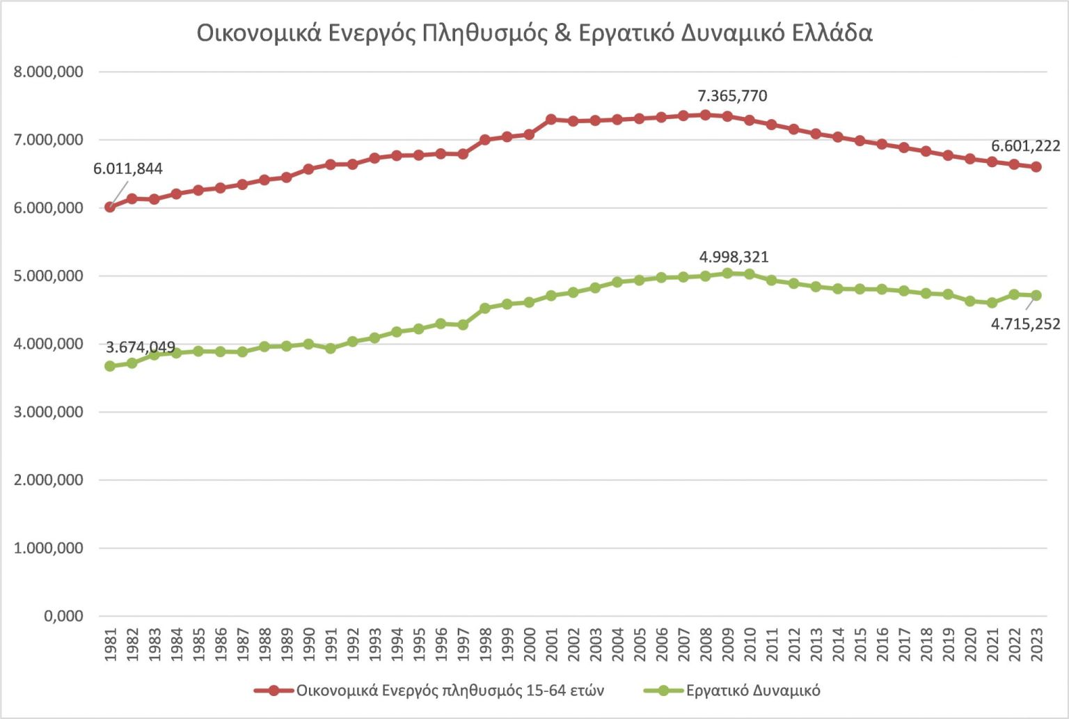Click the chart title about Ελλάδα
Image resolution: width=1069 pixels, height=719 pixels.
(534, 33)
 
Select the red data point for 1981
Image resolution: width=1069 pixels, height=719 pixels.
(110, 207)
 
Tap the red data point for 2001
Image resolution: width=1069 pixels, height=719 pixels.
(551, 119)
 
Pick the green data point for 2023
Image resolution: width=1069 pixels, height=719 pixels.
(1036, 295)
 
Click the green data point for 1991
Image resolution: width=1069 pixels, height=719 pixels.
(331, 348)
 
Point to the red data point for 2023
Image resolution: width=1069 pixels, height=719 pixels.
(1036, 167)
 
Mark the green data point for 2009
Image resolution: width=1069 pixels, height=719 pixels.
(727, 274)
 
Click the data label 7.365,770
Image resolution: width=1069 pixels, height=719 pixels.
(732, 96)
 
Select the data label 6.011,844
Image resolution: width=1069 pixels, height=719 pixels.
(128, 168)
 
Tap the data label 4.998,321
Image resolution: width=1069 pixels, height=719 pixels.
(734, 257)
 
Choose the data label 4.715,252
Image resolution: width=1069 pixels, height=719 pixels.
(1025, 324)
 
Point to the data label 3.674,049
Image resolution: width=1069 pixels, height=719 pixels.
(141, 347)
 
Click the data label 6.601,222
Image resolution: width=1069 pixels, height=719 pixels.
(1025, 146)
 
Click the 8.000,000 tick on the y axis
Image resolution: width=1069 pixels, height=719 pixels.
(48, 72)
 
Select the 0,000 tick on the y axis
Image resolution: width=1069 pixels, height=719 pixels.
(63, 616)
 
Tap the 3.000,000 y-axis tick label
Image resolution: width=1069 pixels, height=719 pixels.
(48, 412)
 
